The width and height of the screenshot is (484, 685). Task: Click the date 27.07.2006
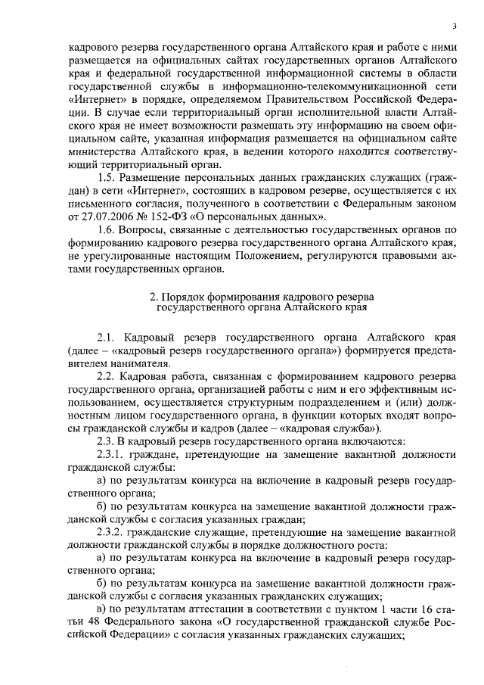(96, 216)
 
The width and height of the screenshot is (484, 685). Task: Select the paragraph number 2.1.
(109, 336)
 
